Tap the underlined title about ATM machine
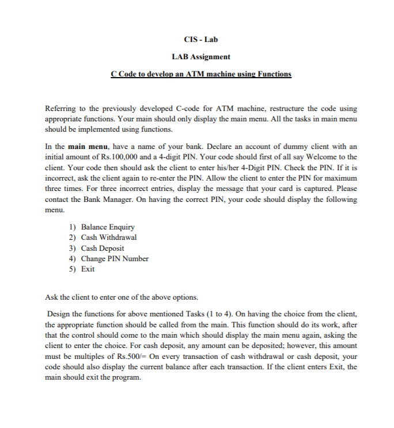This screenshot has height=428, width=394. [x=201, y=74]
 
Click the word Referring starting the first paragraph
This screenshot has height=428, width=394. [x=60, y=108]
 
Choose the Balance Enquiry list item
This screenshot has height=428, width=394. [x=107, y=227]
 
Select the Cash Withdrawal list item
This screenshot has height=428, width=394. [x=108, y=238]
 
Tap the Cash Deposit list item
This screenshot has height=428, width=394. [x=102, y=248]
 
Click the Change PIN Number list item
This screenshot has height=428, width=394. [x=114, y=258]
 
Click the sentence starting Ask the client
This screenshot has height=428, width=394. [x=121, y=297]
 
